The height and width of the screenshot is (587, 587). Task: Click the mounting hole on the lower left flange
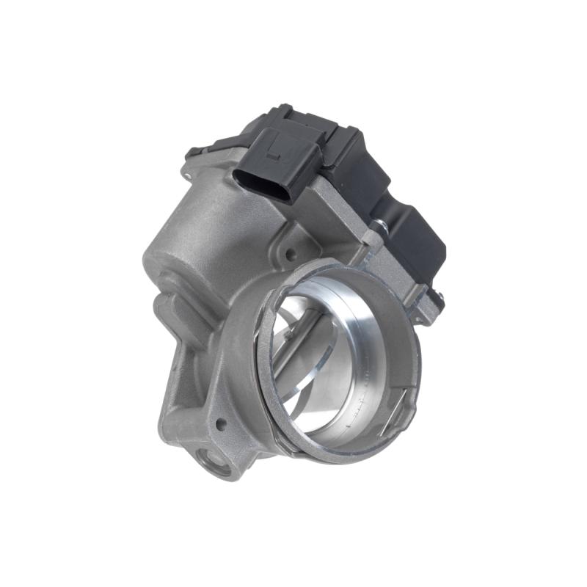tap(218, 423)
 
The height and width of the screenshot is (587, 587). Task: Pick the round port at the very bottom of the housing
tap(214, 463)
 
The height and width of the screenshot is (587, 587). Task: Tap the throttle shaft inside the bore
tap(293, 345)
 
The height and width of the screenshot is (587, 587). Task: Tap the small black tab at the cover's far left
tap(193, 152)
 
